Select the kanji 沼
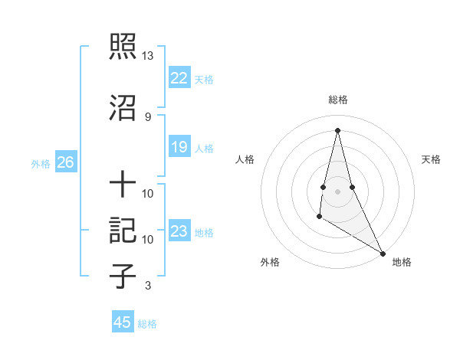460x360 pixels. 123,107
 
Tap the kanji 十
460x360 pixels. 123,184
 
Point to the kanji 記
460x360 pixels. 123,231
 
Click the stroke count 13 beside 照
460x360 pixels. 148,56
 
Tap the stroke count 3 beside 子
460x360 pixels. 148,286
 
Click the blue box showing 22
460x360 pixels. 179,78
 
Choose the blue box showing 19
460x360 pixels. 179,147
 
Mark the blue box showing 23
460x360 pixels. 179,231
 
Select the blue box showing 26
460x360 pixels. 65,162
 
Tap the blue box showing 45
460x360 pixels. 122,322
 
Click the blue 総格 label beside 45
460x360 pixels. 147,324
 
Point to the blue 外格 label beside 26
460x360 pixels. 41,164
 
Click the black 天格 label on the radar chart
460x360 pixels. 432,159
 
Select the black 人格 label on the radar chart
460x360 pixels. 245,159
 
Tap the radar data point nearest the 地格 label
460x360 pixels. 383,253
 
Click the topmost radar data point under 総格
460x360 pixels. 337,129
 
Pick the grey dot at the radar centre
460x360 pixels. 337,191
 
